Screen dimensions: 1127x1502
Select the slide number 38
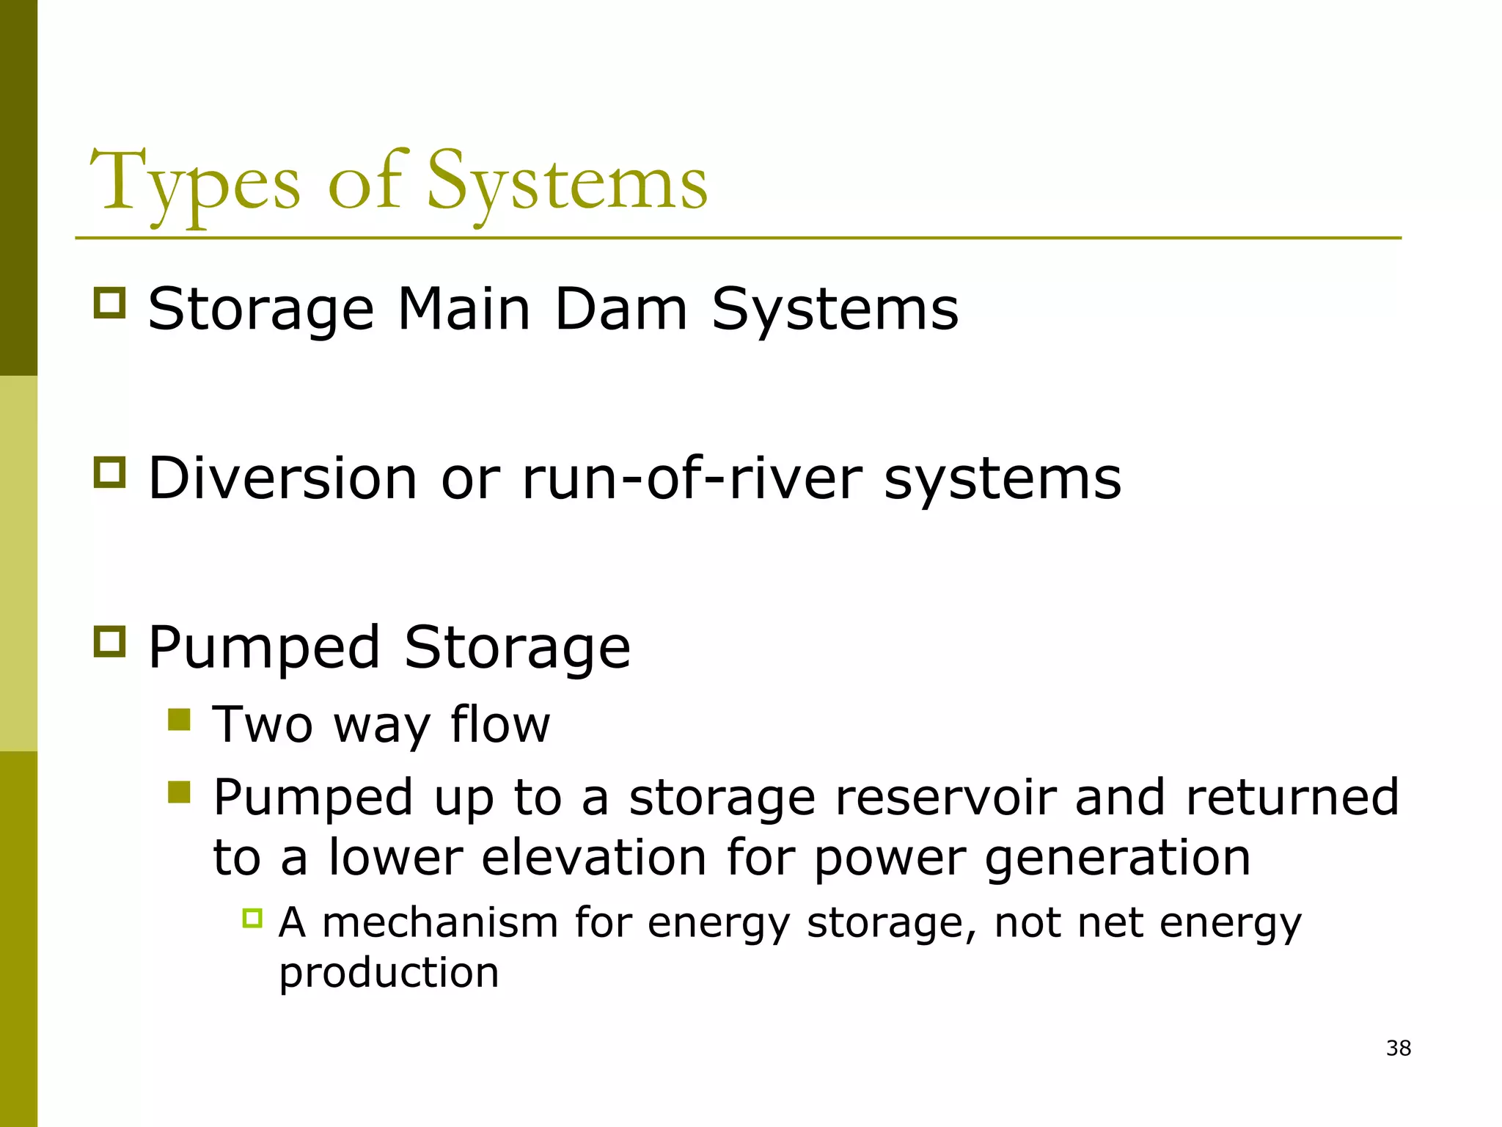[x=1398, y=1048]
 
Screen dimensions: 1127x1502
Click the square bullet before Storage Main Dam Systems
[x=110, y=302]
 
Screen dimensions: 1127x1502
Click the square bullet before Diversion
[x=110, y=472]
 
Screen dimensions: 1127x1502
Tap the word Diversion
[x=283, y=479]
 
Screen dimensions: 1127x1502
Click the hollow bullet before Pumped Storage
[x=110, y=641]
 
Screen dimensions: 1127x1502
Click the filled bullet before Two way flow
[x=179, y=720]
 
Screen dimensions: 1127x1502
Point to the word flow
[x=499, y=724]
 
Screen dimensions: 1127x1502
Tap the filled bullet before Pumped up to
[x=179, y=792]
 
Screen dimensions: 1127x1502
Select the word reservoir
[x=945, y=798]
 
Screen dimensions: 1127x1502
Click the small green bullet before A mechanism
[x=252, y=918]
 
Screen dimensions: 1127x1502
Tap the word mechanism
[x=440, y=922]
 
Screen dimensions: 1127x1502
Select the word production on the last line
[x=389, y=974]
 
